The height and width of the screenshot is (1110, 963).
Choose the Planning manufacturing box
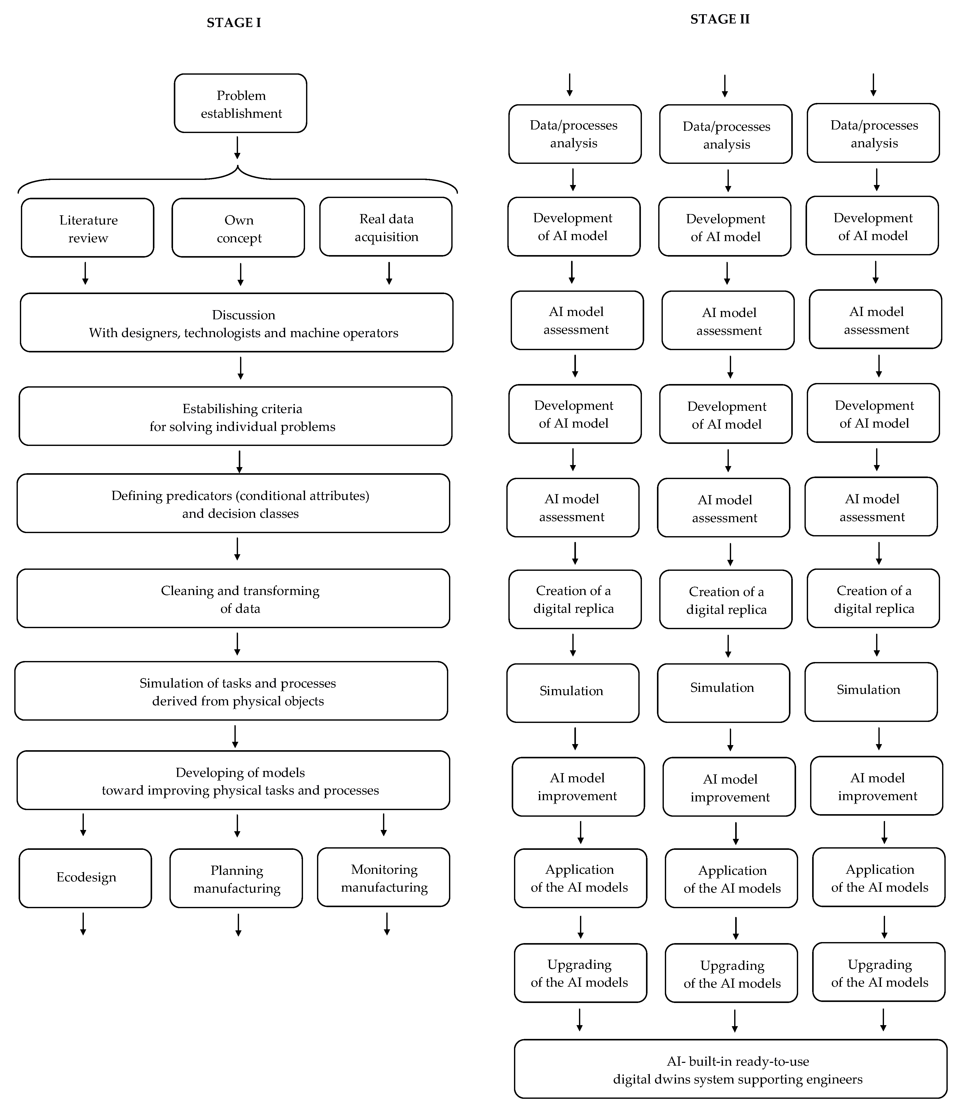tap(236, 878)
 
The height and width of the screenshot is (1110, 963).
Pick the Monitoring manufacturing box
tap(384, 877)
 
